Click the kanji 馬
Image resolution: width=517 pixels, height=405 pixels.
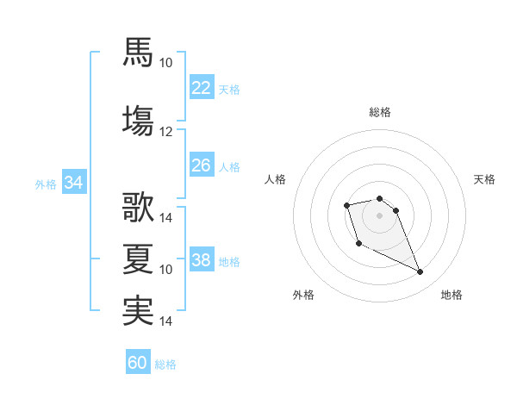(x=138, y=52)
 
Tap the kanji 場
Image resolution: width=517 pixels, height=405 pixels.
(x=138, y=121)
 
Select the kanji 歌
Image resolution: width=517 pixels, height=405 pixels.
(x=138, y=207)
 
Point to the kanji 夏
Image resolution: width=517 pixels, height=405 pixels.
(x=138, y=259)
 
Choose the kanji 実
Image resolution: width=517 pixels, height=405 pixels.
(x=138, y=311)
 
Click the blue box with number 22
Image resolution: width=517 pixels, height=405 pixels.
(x=202, y=87)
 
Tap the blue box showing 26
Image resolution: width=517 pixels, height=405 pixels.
(x=202, y=165)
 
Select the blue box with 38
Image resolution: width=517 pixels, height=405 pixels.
(x=202, y=259)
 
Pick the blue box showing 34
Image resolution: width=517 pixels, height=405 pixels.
(x=74, y=182)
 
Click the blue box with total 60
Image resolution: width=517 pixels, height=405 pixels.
(x=138, y=361)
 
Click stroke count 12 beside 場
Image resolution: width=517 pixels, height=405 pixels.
(x=165, y=132)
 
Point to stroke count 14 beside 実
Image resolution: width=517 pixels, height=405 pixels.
(x=165, y=321)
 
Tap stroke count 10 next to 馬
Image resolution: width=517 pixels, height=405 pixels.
(x=165, y=63)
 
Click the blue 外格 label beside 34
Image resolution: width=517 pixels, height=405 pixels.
(x=46, y=184)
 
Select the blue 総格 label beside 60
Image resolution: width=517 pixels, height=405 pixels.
(x=165, y=364)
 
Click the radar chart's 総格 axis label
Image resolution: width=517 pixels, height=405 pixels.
(x=380, y=112)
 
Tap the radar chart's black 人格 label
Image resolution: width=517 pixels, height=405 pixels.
(x=275, y=179)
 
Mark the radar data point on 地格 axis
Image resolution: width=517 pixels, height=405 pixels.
(x=420, y=271)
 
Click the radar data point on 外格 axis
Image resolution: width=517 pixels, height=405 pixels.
(x=359, y=244)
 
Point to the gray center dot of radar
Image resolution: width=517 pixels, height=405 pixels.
(x=379, y=215)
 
